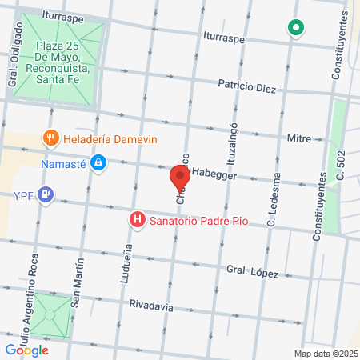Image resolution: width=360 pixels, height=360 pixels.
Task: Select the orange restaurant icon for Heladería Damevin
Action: pyautogui.click(x=51, y=138)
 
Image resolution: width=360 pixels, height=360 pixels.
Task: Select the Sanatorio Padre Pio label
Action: pyautogui.click(x=196, y=218)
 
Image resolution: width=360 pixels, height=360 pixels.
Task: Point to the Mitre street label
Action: pyautogui.click(x=299, y=138)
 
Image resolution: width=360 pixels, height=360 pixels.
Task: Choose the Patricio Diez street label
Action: pyautogui.click(x=247, y=86)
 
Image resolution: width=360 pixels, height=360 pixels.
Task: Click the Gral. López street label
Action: pyautogui.click(x=251, y=272)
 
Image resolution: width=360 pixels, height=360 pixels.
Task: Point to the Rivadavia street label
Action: pyautogui.click(x=152, y=304)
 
